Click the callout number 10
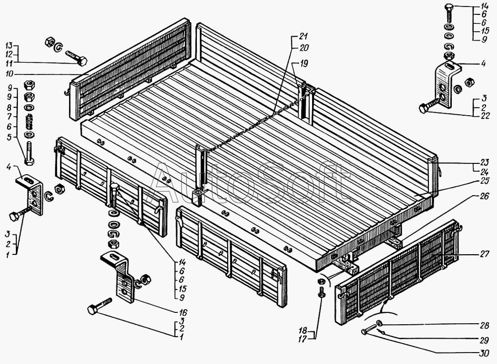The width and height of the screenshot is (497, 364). point(9,74)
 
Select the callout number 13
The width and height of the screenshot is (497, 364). point(9,45)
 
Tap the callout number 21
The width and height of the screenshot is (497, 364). point(304,36)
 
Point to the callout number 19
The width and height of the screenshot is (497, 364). point(304,64)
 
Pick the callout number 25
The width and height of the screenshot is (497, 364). point(484,182)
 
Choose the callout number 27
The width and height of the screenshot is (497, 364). point(484,254)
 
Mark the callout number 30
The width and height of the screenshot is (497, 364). point(484,353)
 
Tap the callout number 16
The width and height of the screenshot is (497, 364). point(183,312)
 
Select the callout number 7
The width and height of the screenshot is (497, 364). point(9,117)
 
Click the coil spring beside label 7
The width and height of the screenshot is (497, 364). point(29,121)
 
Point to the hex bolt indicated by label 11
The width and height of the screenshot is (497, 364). point(77,57)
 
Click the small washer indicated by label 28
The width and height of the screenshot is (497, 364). point(379,323)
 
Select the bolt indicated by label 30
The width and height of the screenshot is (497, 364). point(369,329)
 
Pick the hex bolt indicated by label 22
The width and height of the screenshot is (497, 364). point(430,105)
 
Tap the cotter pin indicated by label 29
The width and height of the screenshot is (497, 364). point(382,331)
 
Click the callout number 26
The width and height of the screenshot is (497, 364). point(484,197)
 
